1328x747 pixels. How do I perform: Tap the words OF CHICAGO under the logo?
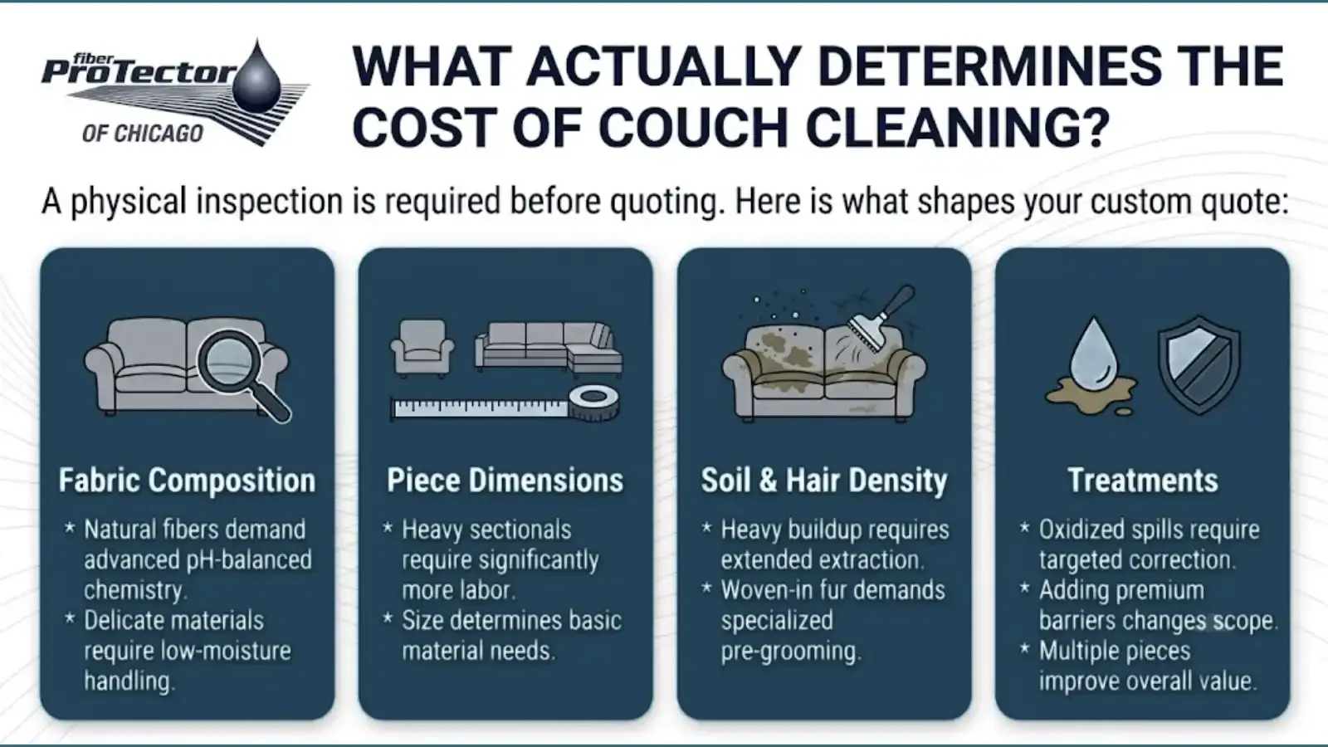click(143, 134)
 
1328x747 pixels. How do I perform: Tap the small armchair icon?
click(422, 348)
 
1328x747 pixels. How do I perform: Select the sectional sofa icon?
click(549, 349)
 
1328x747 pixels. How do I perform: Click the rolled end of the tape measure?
click(594, 403)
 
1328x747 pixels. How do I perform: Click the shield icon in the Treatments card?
click(1199, 364)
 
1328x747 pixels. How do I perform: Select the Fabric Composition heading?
click(187, 481)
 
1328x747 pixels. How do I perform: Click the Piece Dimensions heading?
click(505, 481)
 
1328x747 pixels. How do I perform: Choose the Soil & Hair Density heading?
click(824, 481)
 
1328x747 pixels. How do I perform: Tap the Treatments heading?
click(1142, 481)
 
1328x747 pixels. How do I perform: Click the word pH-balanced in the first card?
click(249, 560)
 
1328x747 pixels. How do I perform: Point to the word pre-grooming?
click(791, 652)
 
